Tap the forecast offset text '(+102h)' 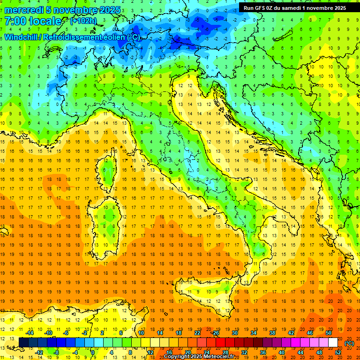(84, 21)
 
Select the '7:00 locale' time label (33, 22)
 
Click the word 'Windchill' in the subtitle (22, 37)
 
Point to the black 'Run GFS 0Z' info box (294, 7)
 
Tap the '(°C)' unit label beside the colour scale (349, 343)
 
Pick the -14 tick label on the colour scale (30, 332)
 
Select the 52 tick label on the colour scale (338, 352)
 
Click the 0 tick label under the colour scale (92, 352)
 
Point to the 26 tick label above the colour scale (216, 332)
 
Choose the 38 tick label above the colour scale (272, 332)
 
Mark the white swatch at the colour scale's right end (333, 342)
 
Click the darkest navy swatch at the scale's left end (23, 342)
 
